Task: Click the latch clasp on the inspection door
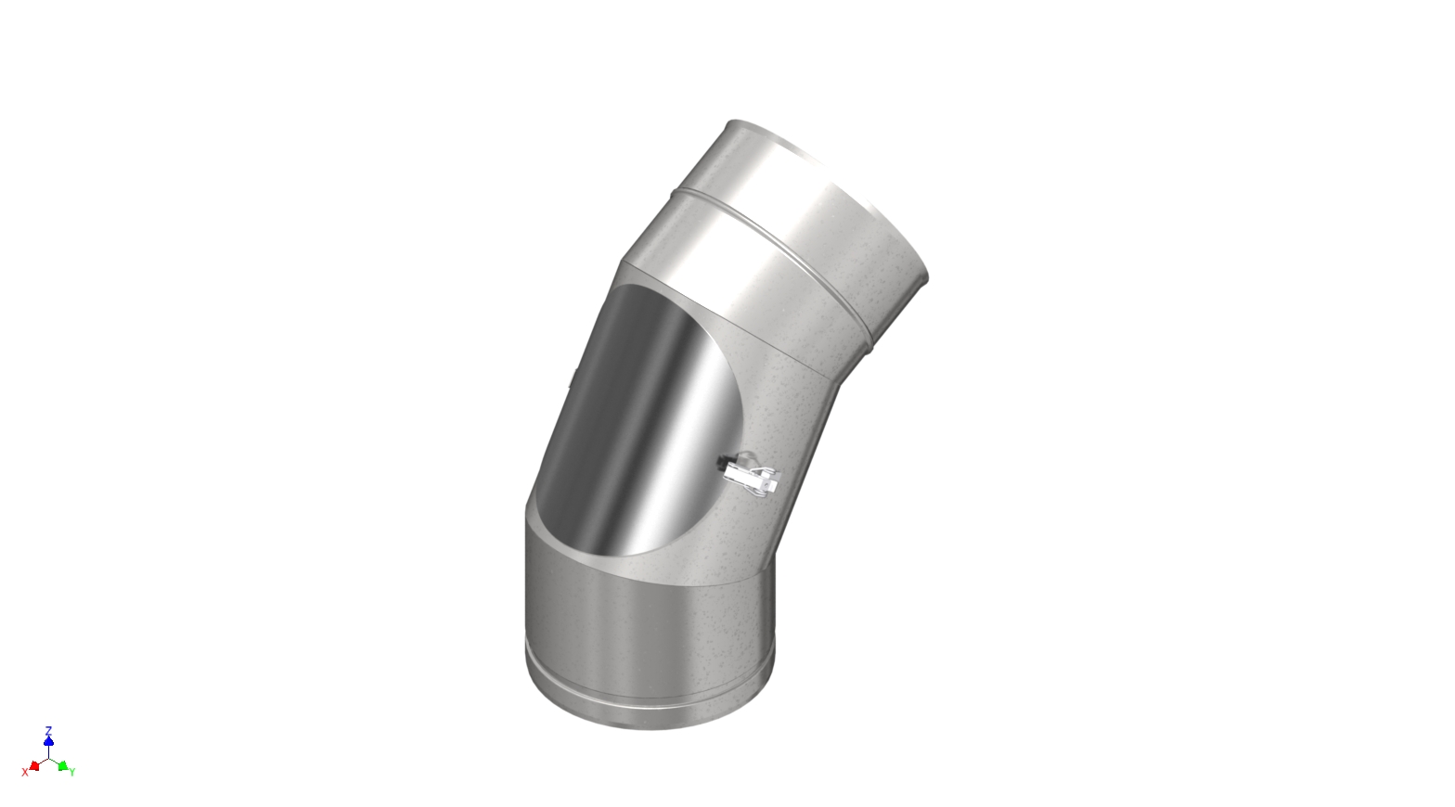(x=753, y=475)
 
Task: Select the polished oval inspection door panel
(x=640, y=417)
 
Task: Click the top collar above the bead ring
(x=789, y=186)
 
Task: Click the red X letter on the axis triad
(x=25, y=772)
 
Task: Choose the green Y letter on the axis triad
(x=72, y=772)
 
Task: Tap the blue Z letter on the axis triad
(x=48, y=730)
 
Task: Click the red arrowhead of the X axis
(x=34, y=766)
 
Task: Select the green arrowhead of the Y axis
(x=62, y=766)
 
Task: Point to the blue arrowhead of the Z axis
(x=48, y=740)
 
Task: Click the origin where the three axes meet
(x=48, y=758)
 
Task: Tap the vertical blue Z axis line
(x=48, y=750)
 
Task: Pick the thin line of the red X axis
(x=42, y=762)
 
